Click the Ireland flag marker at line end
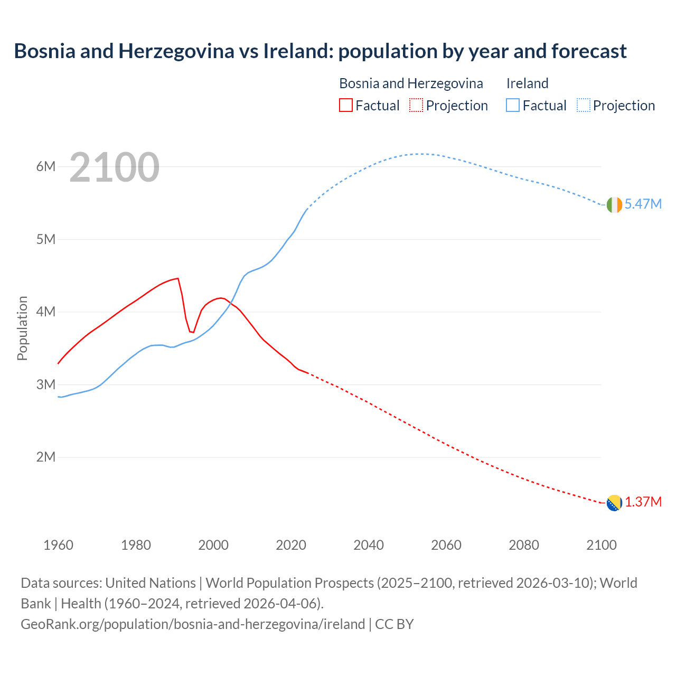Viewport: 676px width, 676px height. [x=614, y=205]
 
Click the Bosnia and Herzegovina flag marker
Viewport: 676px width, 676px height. [x=614, y=503]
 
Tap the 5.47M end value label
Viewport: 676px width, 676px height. [x=643, y=204]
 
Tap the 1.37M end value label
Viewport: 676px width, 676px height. [x=643, y=502]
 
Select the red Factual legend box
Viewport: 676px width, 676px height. [x=345, y=106]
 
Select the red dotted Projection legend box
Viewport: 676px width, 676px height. [x=416, y=106]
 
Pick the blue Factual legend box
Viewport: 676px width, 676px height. [x=512, y=106]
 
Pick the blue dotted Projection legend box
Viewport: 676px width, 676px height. [x=583, y=106]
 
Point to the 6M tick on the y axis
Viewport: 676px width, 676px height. [x=46, y=167]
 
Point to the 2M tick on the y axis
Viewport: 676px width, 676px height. [x=46, y=457]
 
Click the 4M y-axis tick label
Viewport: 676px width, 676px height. [x=46, y=312]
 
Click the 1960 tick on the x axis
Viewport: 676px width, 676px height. [x=58, y=545]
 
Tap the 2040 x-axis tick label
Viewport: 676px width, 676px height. [x=369, y=545]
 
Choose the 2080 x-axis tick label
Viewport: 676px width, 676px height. [x=524, y=545]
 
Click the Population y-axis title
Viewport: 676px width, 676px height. [x=22, y=328]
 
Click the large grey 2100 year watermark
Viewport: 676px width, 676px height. [x=114, y=167]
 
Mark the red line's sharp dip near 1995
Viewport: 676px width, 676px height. [x=193, y=332]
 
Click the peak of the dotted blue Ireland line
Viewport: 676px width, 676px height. [x=420, y=154]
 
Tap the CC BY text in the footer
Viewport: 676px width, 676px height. [x=394, y=624]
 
